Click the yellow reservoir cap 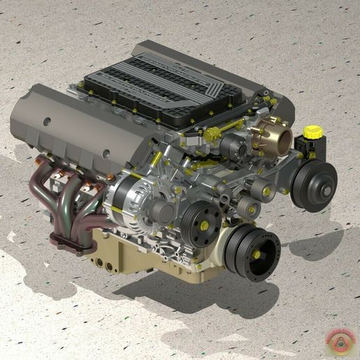click(x=312, y=131)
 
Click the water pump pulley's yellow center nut click(x=204, y=225)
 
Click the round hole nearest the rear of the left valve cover click(x=47, y=121)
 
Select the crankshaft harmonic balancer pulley click(x=253, y=250)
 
